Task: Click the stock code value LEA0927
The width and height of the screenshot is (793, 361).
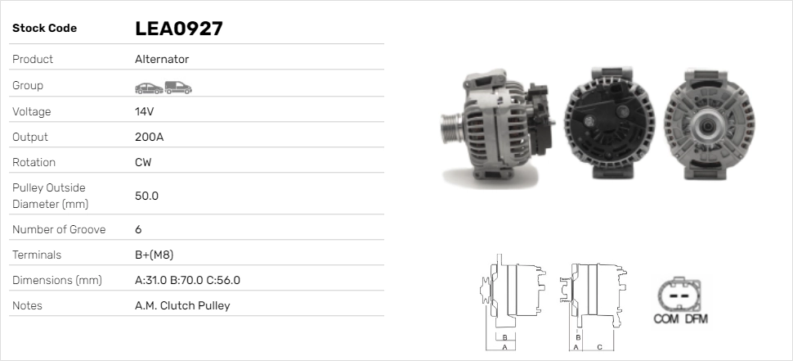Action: point(179,29)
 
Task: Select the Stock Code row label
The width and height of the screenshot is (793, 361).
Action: point(44,29)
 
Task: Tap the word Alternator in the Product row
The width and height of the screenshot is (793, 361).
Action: point(162,60)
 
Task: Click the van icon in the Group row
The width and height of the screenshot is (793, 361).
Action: point(177,87)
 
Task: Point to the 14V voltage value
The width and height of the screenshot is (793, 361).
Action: point(145,111)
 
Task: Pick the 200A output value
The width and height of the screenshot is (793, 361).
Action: point(149,137)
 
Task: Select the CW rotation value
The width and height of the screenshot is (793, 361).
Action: point(143,162)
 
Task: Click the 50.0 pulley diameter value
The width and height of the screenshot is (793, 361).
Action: point(146,196)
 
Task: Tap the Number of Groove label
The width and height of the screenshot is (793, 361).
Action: point(59,229)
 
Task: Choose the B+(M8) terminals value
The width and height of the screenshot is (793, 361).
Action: point(154,255)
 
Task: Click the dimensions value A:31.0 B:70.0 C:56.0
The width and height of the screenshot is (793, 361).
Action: point(187,280)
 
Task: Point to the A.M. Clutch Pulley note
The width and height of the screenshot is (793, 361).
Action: point(182,305)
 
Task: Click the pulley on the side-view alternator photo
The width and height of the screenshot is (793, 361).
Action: point(451,129)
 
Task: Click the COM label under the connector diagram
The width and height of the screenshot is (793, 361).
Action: point(665,318)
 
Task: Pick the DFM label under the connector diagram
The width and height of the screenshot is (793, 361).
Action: point(696,318)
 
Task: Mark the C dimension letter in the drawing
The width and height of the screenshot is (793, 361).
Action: point(599,347)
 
